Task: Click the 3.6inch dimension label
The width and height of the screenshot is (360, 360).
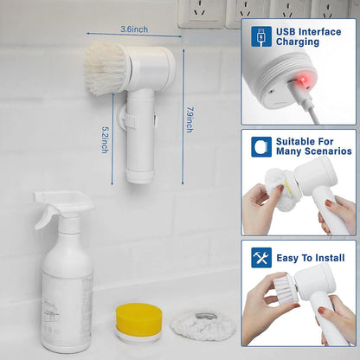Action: tap(134, 29)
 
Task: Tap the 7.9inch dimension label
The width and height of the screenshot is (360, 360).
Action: tap(190, 112)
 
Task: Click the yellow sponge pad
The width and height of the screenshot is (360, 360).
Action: tap(138, 317)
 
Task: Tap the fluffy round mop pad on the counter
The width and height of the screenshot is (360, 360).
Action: tap(201, 323)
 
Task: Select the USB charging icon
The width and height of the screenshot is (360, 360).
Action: tap(261, 36)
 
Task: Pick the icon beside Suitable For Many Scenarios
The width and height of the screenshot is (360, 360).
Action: tap(261, 146)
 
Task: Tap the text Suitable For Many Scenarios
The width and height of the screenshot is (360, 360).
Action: tap(312, 146)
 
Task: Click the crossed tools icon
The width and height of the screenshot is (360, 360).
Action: tap(261, 257)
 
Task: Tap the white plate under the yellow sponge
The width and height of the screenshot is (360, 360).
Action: tap(138, 334)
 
